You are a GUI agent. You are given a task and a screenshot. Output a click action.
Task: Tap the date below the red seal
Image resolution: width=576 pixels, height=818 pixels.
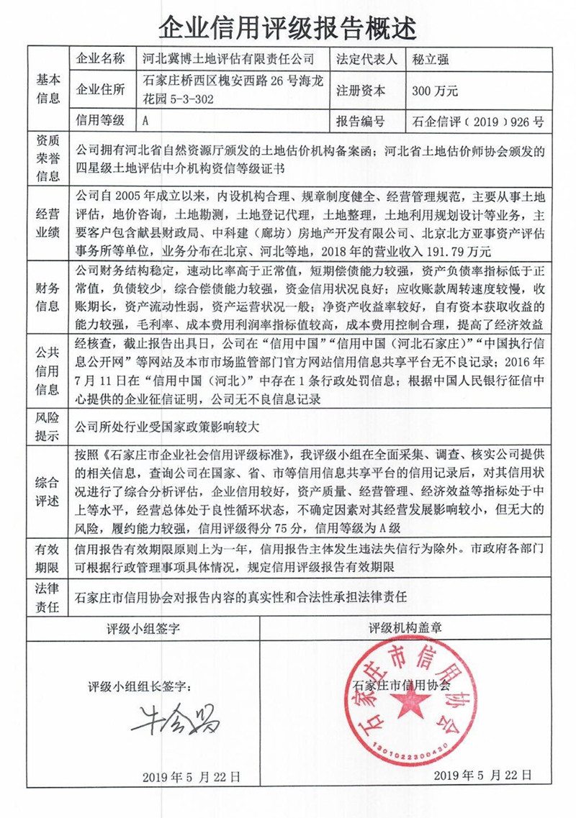point(484,775)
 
